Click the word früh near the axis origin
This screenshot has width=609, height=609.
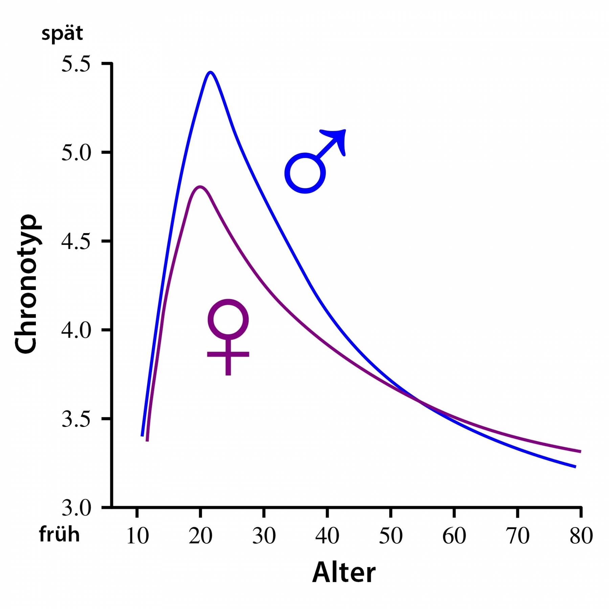click(60, 535)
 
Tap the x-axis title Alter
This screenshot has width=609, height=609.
click(344, 572)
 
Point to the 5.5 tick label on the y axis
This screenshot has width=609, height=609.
click(76, 64)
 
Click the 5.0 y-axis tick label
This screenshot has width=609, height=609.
click(76, 153)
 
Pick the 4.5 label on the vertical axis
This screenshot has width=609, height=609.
click(76, 242)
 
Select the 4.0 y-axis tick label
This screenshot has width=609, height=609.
click(76, 330)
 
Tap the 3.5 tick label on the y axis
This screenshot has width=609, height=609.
click(76, 419)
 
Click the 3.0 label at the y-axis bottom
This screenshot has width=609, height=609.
click(76, 507)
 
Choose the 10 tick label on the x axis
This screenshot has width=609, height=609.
click(137, 536)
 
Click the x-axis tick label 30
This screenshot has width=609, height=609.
click(264, 536)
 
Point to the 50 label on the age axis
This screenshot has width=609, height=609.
click(391, 536)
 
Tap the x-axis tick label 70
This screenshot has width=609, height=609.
click(518, 536)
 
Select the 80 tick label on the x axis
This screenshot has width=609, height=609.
click(581, 536)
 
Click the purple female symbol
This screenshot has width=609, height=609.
click(228, 335)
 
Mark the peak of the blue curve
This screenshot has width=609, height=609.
click(210, 72)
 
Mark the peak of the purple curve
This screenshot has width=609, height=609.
click(200, 186)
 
